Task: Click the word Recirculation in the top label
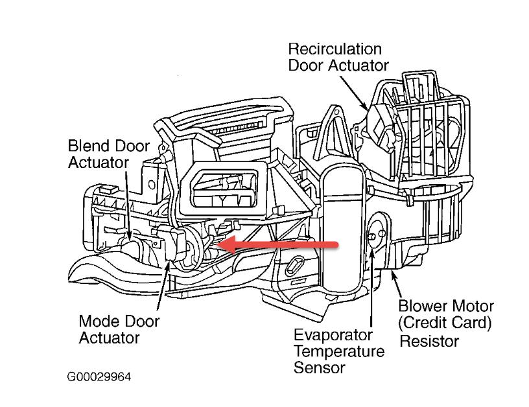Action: point(335,49)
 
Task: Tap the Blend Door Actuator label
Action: point(108,154)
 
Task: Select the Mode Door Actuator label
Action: point(119,329)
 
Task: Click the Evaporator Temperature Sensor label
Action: point(338,351)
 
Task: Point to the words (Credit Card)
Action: point(446,323)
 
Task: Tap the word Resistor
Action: point(429,340)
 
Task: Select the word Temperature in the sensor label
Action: point(339,352)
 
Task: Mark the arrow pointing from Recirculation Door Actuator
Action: point(357,91)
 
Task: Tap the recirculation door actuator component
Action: point(382,126)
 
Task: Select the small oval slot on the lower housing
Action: point(294,266)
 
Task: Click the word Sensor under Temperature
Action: point(319,367)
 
